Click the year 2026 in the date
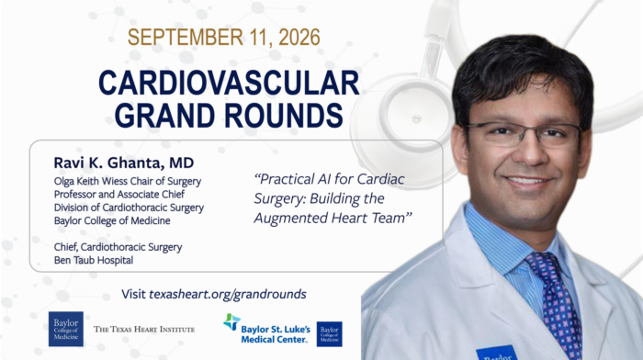click(x=299, y=38)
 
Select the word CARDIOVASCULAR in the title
click(x=229, y=84)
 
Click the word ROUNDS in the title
click(x=284, y=115)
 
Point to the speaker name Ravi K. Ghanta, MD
click(x=124, y=163)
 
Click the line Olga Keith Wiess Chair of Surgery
click(x=128, y=181)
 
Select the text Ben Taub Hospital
click(x=94, y=260)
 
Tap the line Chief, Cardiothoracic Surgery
click(x=118, y=247)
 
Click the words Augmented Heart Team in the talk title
click(x=333, y=218)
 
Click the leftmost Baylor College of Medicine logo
click(x=66, y=329)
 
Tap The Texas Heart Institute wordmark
click(x=144, y=330)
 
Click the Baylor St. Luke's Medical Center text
click(x=276, y=334)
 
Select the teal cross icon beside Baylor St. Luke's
click(x=231, y=321)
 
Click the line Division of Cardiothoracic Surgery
click(x=129, y=208)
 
